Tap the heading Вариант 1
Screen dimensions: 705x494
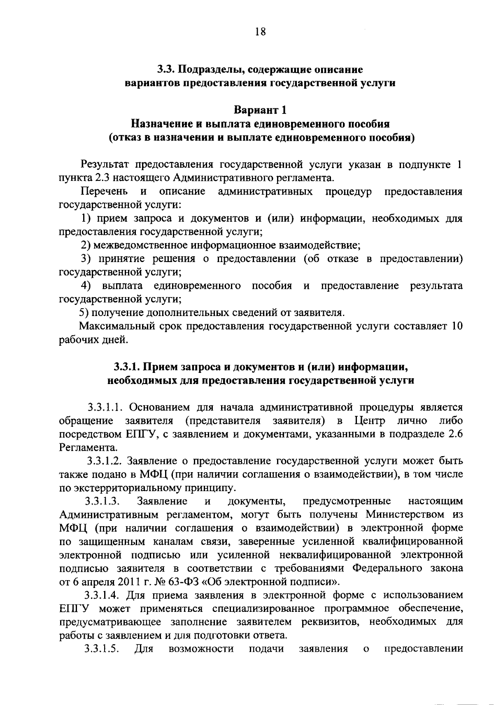click(x=260, y=110)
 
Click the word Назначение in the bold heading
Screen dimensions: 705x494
click(x=160, y=124)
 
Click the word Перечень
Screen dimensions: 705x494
click(x=104, y=192)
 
